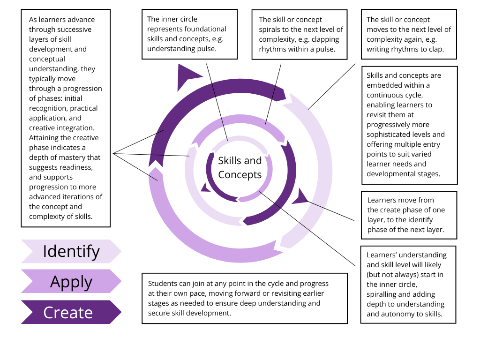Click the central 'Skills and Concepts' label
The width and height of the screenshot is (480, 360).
240,167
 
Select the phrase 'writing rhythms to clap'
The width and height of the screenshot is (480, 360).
405,49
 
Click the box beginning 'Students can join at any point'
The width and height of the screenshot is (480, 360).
244,298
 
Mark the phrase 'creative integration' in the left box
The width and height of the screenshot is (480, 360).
61,128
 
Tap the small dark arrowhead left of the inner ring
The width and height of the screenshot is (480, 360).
205,187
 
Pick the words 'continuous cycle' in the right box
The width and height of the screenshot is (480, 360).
398,95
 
